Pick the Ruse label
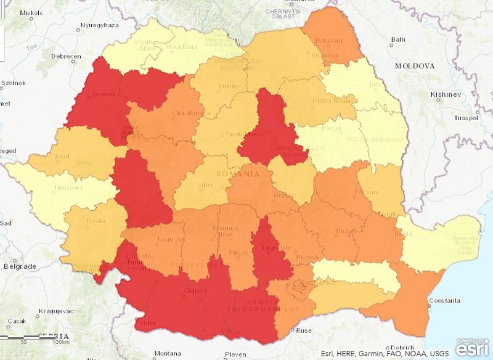pyautogui.click(x=304, y=330)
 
